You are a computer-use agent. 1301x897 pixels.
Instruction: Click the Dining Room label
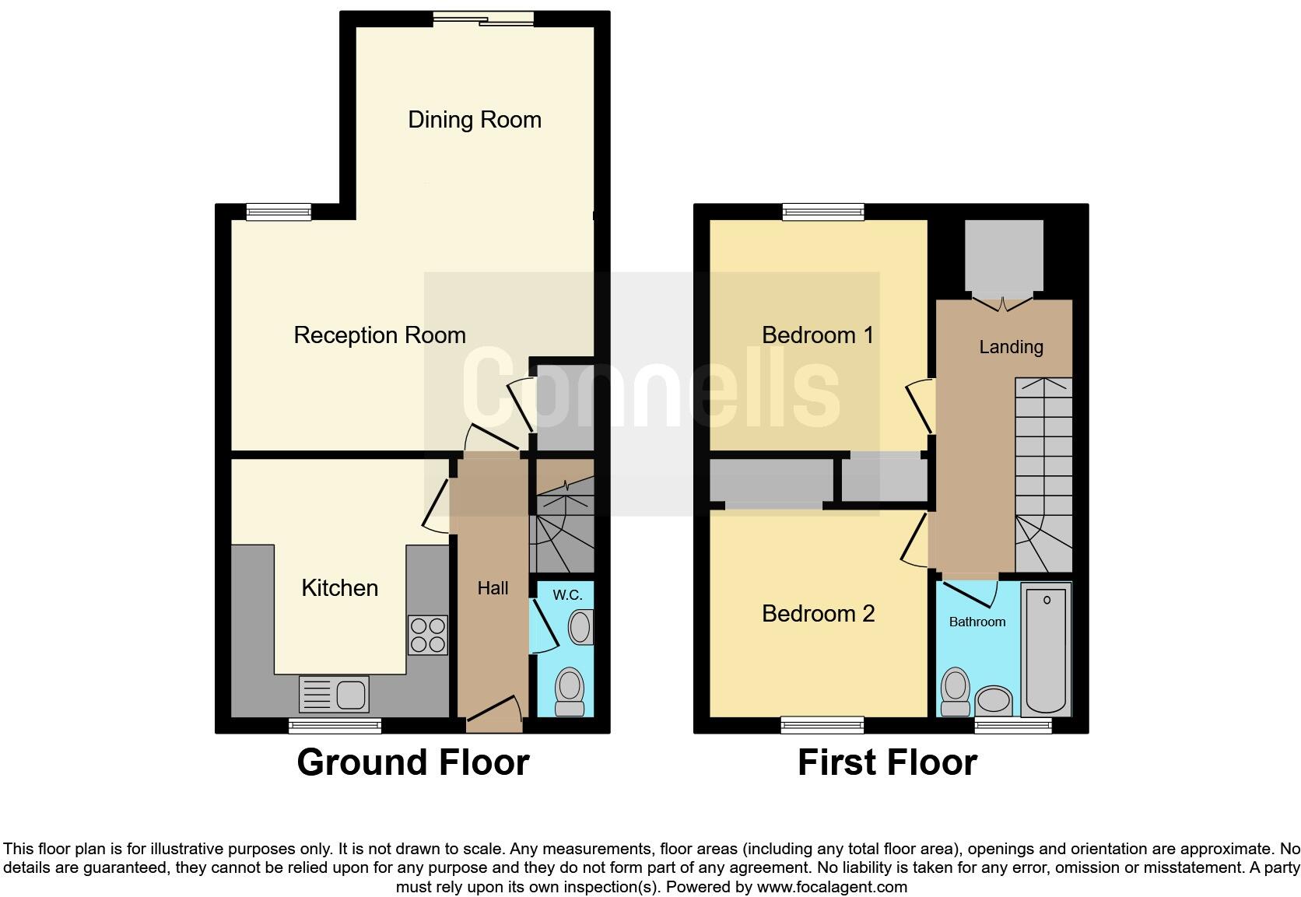[475, 120]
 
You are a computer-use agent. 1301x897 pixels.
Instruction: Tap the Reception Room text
[380, 335]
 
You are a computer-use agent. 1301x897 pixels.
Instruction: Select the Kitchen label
[340, 588]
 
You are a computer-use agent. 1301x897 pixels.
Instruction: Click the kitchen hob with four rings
[428, 635]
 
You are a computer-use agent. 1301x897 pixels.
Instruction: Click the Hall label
[493, 589]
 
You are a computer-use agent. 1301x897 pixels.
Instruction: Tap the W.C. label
[567, 595]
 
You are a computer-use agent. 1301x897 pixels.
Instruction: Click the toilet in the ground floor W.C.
[570, 691]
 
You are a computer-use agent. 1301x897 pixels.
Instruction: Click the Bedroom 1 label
[818, 335]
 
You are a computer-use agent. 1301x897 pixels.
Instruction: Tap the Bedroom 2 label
[818, 614]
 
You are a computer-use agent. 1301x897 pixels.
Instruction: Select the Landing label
[1011, 347]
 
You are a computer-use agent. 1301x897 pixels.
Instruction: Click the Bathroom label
[977, 622]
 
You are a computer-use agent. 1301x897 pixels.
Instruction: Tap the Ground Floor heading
[413, 762]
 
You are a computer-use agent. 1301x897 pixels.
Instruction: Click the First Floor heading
[887, 762]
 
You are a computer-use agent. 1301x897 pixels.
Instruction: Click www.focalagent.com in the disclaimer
[831, 887]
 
